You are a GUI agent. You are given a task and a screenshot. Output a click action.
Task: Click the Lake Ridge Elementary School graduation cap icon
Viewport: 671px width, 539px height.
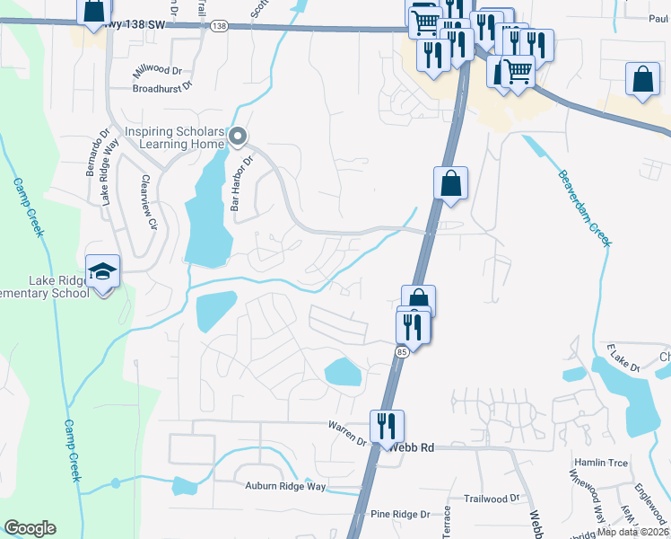click(x=103, y=270)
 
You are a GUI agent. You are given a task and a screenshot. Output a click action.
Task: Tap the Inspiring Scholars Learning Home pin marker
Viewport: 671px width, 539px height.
click(x=237, y=137)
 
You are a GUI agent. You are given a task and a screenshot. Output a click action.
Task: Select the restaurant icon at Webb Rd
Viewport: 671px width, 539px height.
click(x=387, y=426)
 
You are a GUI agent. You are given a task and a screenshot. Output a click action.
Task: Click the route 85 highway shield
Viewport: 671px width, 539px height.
click(x=400, y=352)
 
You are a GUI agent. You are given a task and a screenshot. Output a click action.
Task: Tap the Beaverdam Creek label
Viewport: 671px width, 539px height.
click(x=583, y=208)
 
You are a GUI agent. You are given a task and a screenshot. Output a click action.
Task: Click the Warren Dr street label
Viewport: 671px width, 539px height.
click(x=347, y=434)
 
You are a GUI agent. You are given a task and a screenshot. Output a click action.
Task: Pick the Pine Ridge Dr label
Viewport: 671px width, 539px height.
click(x=400, y=514)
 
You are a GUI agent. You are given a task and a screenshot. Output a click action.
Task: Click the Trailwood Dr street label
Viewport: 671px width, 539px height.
click(x=492, y=498)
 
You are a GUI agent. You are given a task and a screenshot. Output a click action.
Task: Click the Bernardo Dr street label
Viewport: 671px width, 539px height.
click(x=92, y=153)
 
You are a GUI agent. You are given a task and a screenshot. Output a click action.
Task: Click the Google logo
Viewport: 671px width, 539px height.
click(x=30, y=528)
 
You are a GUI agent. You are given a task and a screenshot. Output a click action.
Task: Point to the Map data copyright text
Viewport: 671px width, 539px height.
click(x=632, y=532)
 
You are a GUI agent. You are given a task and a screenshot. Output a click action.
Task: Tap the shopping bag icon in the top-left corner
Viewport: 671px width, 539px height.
click(x=93, y=12)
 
